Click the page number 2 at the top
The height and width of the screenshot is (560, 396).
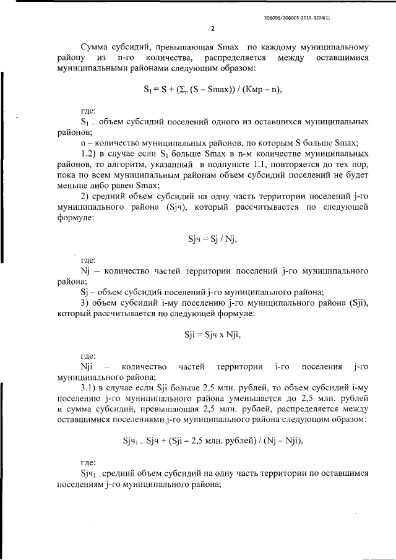(x=212, y=28)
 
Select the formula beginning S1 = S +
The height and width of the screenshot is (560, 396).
(x=212, y=89)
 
